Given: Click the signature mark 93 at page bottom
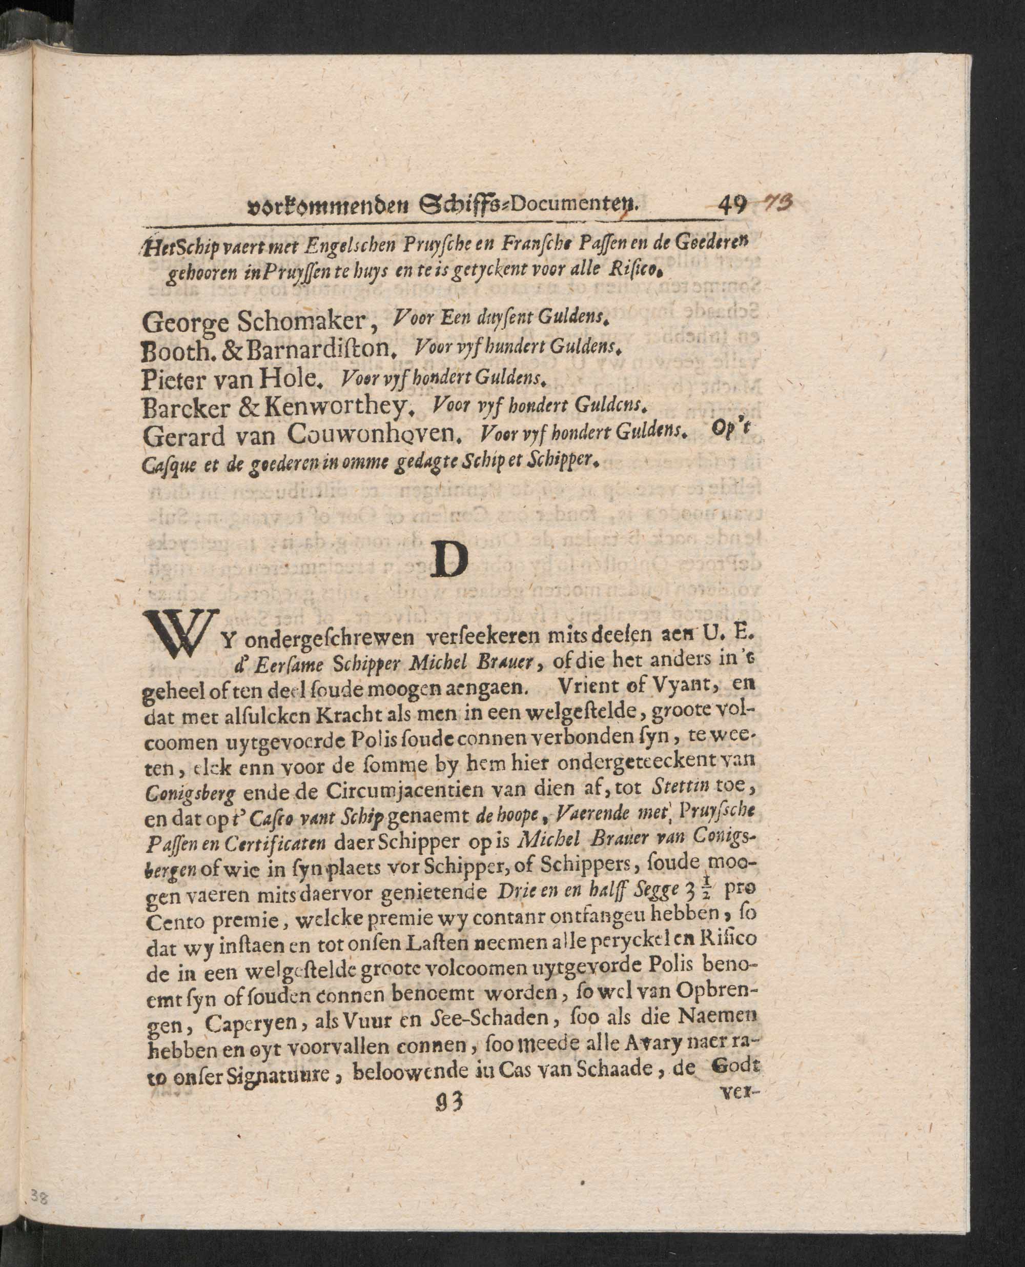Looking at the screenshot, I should (447, 1100).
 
